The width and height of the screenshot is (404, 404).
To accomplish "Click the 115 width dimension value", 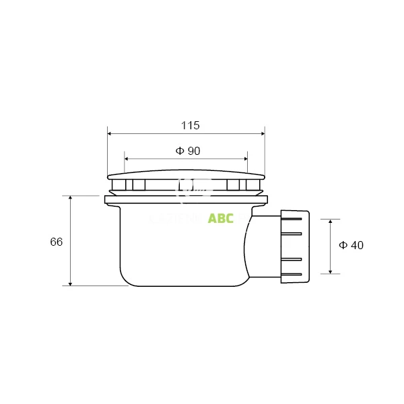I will pos(191,125).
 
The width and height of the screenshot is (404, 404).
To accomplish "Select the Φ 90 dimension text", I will pos(188,151).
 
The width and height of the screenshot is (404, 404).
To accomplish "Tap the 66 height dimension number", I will pos(56,242).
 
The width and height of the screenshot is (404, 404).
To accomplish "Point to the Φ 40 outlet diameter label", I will pos(351,246).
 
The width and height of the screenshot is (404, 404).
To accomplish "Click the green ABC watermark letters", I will pos(221,219).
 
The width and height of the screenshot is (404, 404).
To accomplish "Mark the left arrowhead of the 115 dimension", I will pos(110,133).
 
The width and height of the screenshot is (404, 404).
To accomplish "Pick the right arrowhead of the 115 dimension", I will pos(262,133).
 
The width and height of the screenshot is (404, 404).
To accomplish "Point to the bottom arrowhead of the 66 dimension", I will pos(71,283).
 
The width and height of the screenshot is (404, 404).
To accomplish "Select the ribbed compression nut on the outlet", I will pos(295,246).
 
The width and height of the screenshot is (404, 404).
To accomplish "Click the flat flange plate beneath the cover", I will pos(186,199).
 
